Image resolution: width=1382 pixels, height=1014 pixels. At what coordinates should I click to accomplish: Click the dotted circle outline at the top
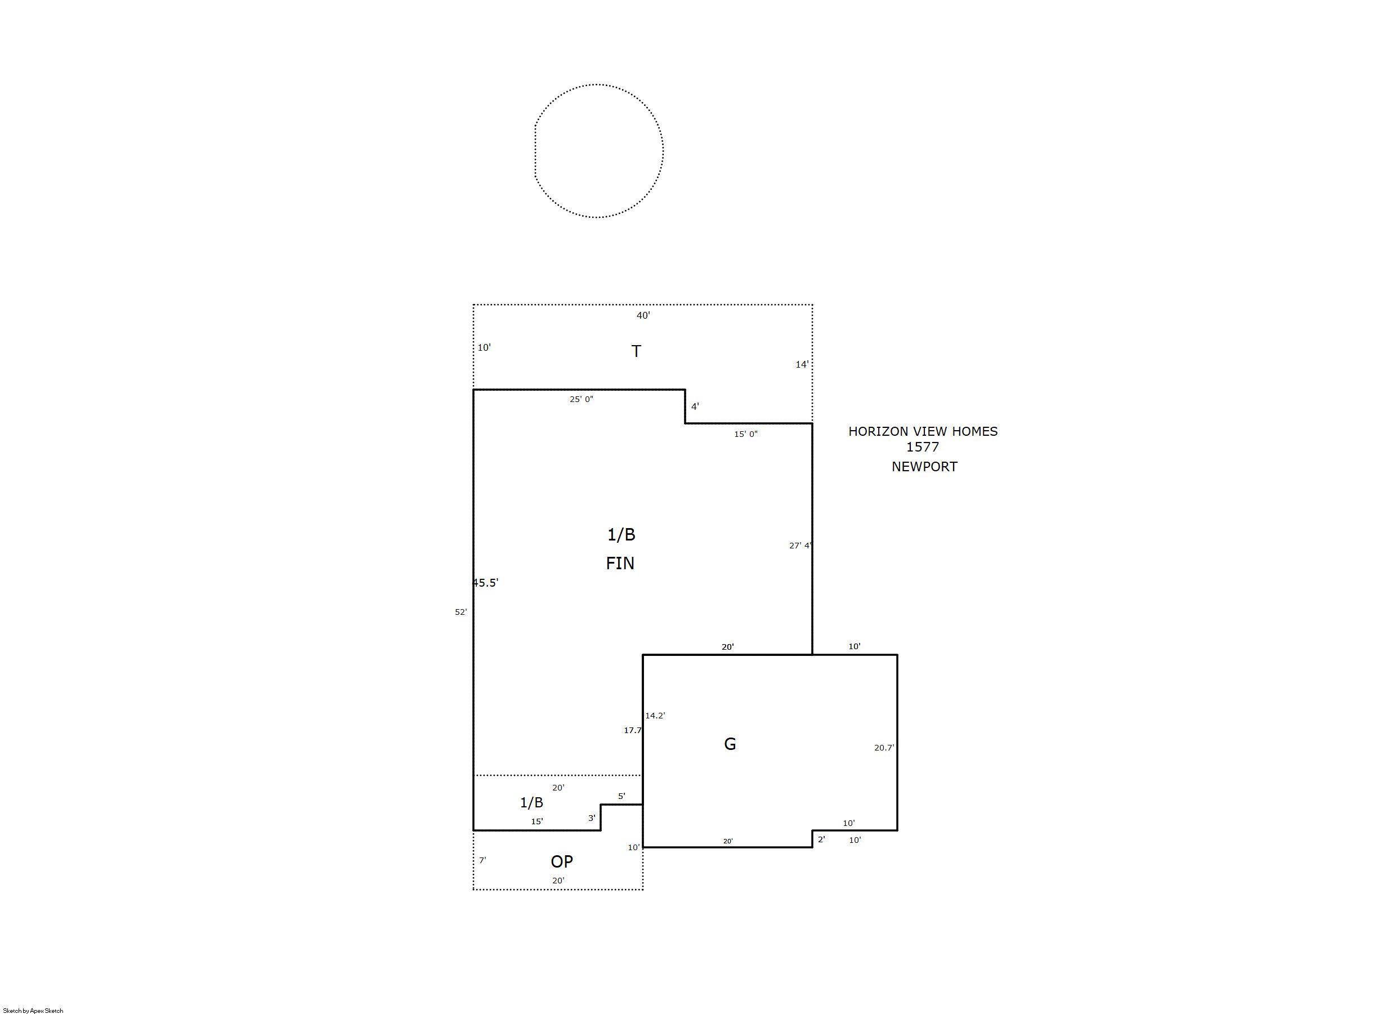point(663,150)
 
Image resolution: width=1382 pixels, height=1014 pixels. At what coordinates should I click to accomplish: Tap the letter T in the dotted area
point(636,351)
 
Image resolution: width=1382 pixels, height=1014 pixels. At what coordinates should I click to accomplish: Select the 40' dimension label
point(643,315)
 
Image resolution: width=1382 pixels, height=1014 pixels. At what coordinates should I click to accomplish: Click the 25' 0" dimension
point(581,399)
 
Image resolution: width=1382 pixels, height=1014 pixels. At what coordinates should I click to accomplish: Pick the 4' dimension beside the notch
point(695,407)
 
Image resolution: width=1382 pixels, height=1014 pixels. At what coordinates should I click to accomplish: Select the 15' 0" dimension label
point(746,434)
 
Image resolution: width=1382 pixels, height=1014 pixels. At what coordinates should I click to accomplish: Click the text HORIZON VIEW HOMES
point(923,431)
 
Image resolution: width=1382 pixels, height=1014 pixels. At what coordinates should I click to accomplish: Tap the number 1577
point(922,447)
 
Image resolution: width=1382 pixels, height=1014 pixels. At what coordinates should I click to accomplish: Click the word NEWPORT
point(924,467)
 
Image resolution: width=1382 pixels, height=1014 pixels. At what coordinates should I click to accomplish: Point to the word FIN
point(620,563)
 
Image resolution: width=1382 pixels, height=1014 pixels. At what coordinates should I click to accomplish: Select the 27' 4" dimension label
point(800,545)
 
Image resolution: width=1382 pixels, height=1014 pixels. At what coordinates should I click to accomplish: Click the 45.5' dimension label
point(485,583)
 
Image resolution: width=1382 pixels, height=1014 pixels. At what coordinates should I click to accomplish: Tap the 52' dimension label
point(461,612)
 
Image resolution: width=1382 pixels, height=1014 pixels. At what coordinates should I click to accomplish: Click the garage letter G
point(730,744)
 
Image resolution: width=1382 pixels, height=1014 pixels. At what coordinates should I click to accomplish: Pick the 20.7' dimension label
point(884,748)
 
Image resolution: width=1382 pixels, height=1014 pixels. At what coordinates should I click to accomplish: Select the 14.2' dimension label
point(655,716)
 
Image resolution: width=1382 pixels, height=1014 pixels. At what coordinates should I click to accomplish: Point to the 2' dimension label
point(821,839)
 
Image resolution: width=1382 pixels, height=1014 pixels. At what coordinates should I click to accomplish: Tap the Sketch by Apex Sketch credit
point(33,1010)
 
